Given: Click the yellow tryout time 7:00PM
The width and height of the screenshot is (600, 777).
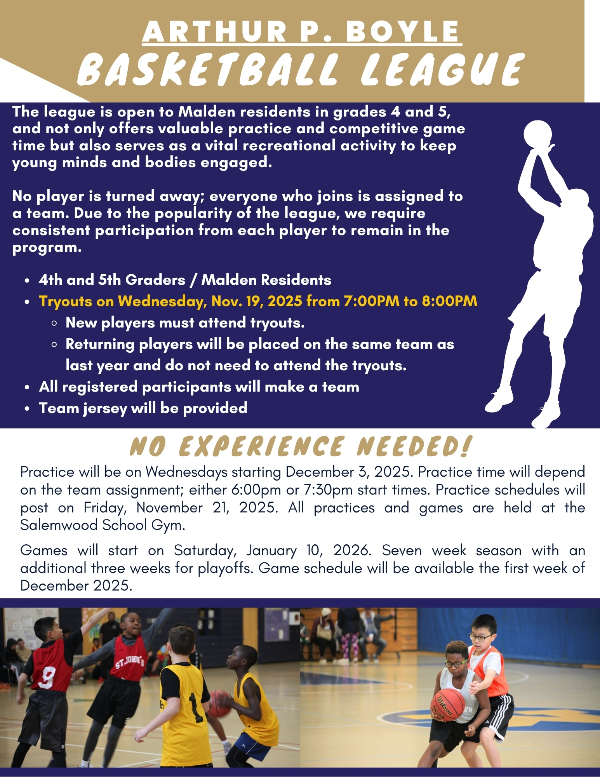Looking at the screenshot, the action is point(371,301).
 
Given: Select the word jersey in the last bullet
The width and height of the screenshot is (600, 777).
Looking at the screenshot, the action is point(105,409).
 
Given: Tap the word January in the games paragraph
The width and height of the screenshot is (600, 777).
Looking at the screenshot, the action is point(271,551).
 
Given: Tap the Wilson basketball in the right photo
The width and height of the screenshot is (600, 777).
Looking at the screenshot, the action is point(447,705).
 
